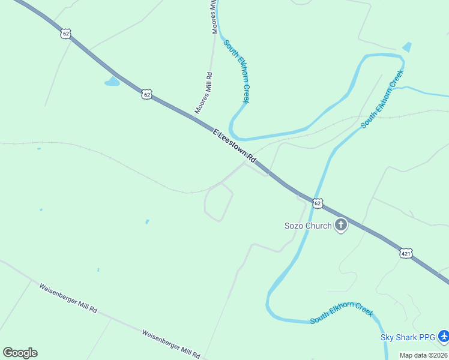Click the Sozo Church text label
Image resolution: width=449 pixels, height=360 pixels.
click(x=307, y=226)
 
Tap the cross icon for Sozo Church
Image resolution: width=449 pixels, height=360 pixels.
click(x=341, y=226)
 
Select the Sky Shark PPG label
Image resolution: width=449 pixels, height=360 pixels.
click(x=408, y=337)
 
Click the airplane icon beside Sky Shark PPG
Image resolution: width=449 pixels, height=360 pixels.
click(x=443, y=336)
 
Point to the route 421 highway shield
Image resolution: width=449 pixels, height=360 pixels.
click(x=406, y=254)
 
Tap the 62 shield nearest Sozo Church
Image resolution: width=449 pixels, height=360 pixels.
click(x=318, y=203)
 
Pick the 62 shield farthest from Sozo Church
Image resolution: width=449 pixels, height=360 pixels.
click(x=65, y=34)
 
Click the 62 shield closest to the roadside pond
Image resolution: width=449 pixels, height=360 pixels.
click(x=147, y=94)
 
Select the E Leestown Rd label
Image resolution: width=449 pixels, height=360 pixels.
click(x=234, y=146)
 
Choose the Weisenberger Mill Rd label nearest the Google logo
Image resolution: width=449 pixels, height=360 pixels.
click(x=68, y=298)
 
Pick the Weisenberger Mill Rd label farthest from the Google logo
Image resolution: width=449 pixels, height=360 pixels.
click(x=172, y=344)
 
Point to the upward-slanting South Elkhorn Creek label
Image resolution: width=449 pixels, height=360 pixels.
click(x=382, y=99)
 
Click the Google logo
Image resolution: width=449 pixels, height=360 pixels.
click(x=20, y=353)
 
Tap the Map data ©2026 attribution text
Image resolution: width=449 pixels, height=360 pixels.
click(x=424, y=355)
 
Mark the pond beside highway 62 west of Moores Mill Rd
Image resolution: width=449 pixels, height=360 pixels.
click(x=112, y=82)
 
